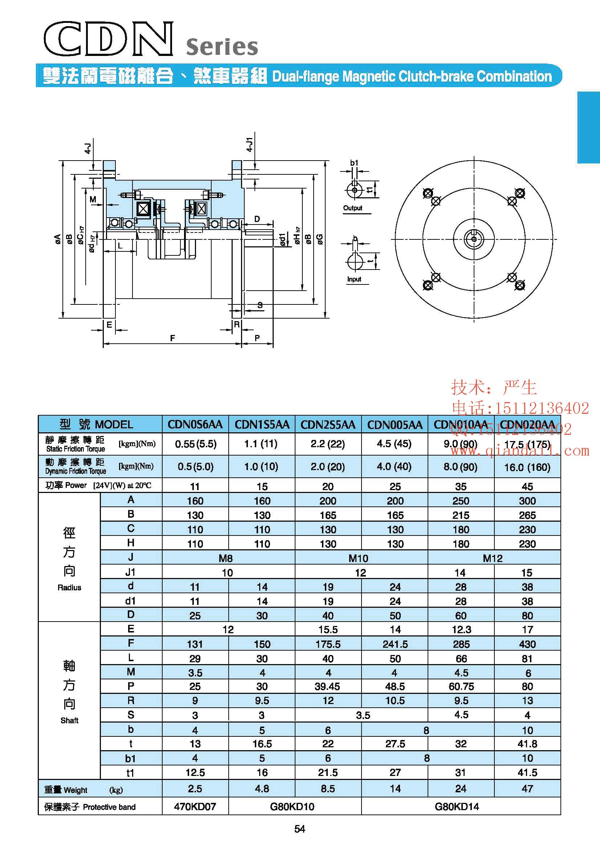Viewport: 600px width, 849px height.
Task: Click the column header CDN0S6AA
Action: coord(195,424)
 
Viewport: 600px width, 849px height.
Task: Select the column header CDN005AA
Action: coord(395,424)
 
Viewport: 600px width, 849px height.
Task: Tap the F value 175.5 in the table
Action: coord(328,644)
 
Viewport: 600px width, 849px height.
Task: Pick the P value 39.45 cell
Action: coord(327,686)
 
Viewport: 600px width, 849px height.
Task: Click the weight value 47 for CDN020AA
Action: coord(527,789)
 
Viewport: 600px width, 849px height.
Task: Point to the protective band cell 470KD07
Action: coord(195,806)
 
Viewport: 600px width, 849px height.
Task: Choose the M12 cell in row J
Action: coord(493,558)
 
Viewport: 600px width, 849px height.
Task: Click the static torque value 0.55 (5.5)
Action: coord(195,444)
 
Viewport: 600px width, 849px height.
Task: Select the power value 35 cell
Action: coord(461,486)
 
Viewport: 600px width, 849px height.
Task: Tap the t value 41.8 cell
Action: coord(527,744)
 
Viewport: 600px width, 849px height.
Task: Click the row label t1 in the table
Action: coord(130,773)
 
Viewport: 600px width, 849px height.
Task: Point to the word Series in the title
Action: coord(222,47)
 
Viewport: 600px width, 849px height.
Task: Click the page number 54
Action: coord(299,829)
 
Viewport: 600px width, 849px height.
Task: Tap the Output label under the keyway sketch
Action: coord(352,208)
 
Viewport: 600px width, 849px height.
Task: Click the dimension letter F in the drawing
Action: coord(172,338)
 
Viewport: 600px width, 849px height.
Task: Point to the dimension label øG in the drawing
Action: coord(320,239)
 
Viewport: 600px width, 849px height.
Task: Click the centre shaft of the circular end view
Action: coord(474,239)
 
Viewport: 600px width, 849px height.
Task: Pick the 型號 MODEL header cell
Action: coord(96,424)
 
